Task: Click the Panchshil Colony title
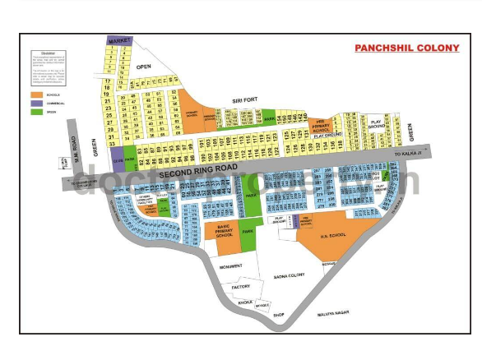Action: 406,48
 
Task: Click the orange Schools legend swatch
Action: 35,95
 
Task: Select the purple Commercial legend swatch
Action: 35,103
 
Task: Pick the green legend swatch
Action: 35,111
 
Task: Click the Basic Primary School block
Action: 222,231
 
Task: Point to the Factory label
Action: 240,286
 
